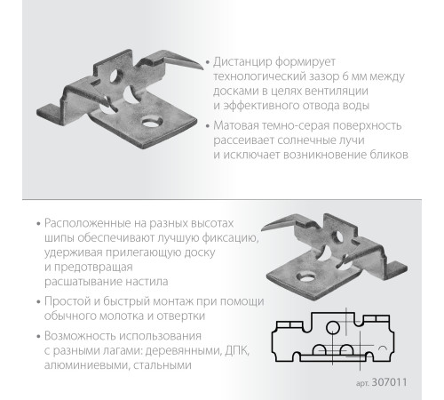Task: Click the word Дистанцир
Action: coord(242,62)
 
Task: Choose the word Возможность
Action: coord(80,336)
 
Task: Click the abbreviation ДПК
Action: coord(237,351)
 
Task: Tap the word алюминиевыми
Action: coord(86,365)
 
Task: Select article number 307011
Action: coord(389,382)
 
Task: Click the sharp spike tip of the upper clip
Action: coord(202,69)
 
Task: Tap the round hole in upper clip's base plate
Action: coord(152,122)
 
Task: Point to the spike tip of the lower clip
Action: coord(262,229)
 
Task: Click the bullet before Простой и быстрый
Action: coord(38,302)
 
